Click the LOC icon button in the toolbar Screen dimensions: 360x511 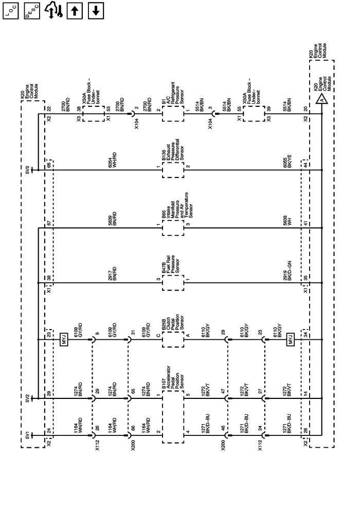(10, 11)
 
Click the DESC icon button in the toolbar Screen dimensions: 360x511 (32, 11)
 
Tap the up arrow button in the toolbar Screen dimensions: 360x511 (75, 11)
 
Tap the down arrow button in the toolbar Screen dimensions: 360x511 (96, 11)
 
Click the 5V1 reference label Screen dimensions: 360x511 (27, 435)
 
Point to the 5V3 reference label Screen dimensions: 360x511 (27, 170)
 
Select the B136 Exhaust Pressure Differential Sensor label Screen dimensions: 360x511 (173, 150)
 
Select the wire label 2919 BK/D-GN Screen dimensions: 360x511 (287, 271)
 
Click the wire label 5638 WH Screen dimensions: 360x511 (287, 221)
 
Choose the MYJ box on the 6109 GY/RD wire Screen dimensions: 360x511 (64, 339)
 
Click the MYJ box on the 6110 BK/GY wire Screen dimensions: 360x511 (290, 339)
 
